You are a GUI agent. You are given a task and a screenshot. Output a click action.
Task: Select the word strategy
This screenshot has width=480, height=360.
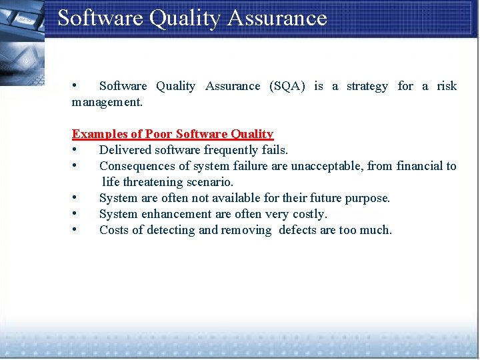[x=367, y=86]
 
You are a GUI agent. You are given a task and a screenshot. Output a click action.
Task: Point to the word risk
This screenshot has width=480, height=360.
[x=447, y=86]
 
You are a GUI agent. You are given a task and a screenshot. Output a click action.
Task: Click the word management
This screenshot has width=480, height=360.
[x=106, y=103]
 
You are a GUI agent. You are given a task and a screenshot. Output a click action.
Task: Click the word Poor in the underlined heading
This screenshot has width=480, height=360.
[x=159, y=134]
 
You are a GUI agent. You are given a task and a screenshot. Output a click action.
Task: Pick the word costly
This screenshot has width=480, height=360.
[x=309, y=214]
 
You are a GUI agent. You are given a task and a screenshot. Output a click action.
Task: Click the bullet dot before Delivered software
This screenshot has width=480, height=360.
[x=77, y=149]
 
